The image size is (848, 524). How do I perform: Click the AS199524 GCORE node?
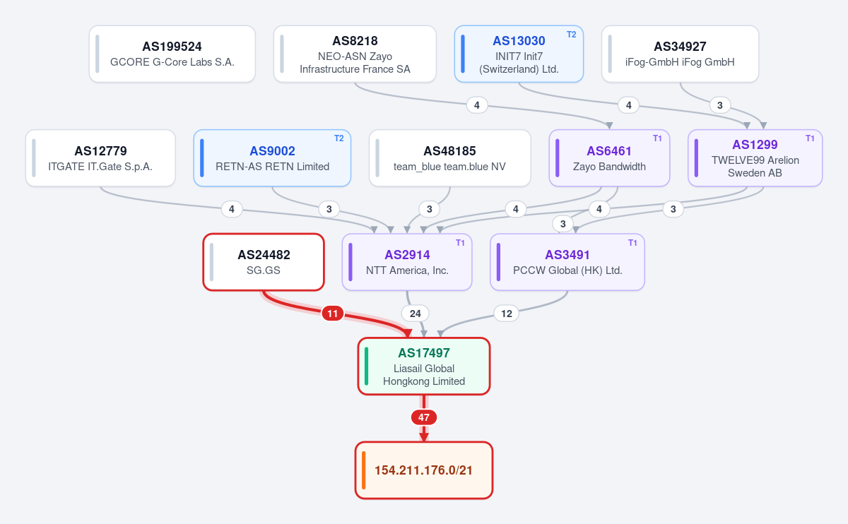172,54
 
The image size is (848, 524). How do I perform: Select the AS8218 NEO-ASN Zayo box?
355,54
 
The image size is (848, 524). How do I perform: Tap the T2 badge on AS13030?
571,35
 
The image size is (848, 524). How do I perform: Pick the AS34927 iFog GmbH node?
680,54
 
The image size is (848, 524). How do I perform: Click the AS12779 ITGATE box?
100,158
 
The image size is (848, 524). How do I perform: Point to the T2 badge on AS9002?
338,138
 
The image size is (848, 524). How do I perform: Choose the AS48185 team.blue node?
449,158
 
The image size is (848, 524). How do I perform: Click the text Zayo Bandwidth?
609,167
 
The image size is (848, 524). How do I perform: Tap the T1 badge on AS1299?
810,138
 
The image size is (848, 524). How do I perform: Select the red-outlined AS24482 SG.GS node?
264,262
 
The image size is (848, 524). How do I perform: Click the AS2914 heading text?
407,255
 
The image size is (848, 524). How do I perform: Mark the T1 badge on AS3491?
632,243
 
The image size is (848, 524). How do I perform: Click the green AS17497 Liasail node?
424,367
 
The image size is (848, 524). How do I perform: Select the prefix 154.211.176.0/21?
424,470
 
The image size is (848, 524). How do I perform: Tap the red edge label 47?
424,417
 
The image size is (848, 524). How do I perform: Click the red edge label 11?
332,314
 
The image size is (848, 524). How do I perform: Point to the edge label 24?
416,314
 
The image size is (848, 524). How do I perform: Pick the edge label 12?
507,314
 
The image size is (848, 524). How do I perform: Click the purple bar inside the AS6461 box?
558,158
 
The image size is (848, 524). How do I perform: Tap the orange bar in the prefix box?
364,470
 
